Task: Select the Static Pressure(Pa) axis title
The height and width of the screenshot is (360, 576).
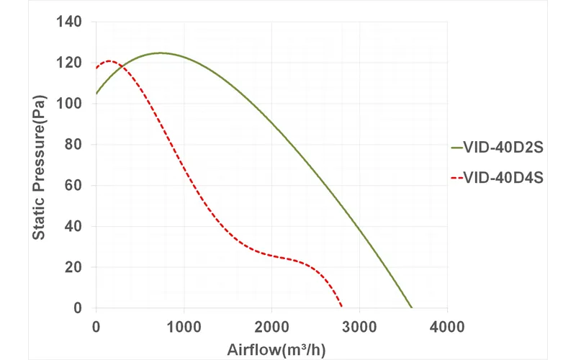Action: click(x=41, y=166)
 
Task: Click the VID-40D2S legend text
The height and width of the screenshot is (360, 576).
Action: click(x=505, y=148)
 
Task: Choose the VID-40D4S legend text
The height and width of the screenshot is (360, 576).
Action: click(x=505, y=176)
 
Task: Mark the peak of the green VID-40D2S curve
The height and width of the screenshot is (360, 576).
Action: click(x=160, y=53)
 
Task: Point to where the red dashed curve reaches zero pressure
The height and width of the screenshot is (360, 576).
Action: click(x=342, y=307)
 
